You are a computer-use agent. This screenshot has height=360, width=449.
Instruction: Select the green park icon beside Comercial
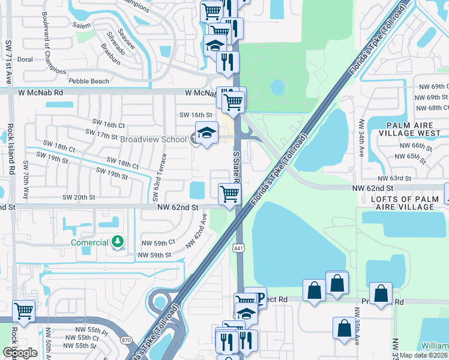coord(119,242)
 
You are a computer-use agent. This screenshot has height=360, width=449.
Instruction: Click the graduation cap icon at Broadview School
coord(206,134)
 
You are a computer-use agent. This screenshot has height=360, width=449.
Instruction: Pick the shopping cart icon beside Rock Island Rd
coord(23,311)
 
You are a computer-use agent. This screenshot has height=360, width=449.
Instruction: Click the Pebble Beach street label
coord(89,81)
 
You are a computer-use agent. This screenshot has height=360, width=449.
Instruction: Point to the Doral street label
coord(25,59)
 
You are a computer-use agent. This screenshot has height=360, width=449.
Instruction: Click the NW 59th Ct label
coord(158,242)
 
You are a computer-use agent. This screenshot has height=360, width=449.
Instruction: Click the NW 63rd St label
coord(394,178)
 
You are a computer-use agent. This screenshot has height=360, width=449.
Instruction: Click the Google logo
coord(20,353)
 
